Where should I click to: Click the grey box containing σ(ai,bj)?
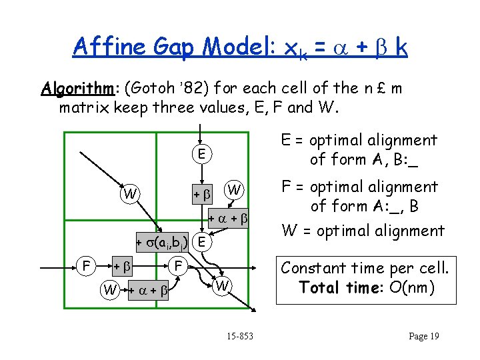pos(162,241)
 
